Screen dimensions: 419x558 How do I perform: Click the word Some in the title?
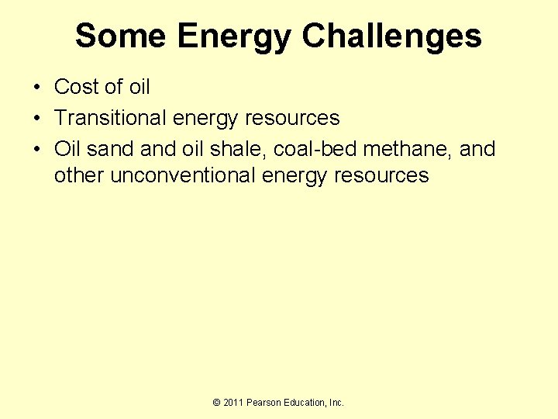120,36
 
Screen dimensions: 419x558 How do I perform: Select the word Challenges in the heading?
391,36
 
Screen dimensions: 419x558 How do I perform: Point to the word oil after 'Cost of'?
139,87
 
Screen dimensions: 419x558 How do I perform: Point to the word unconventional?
183,175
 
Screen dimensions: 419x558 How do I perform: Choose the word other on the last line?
79,175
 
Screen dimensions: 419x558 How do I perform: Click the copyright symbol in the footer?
217,403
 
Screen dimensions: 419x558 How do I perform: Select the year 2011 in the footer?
234,403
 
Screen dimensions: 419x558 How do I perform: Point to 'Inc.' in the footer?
337,403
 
